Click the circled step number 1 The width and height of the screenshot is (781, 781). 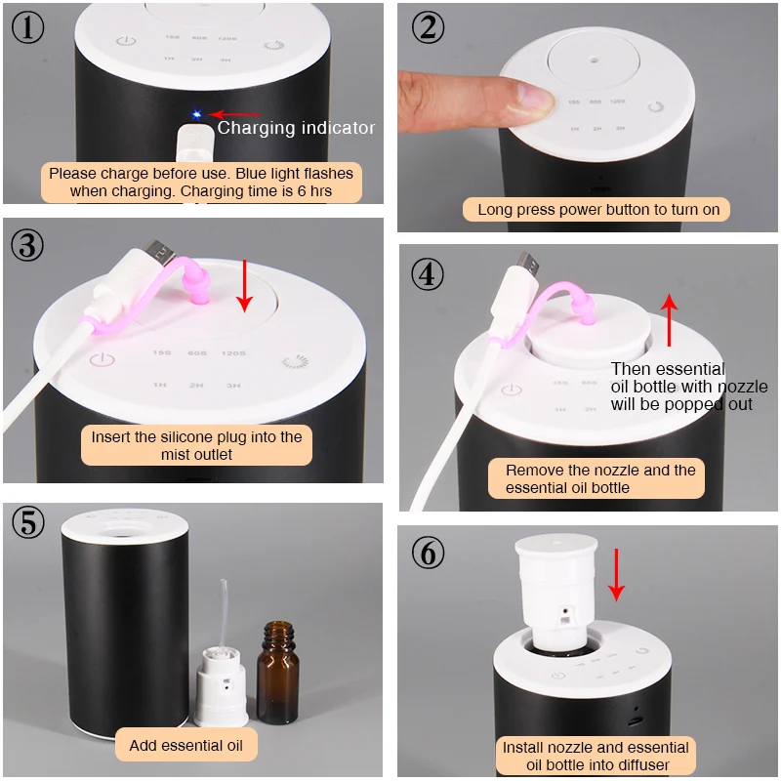(x=28, y=27)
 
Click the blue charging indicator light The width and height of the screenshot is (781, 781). (x=196, y=114)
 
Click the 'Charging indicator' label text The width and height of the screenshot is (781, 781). (x=296, y=128)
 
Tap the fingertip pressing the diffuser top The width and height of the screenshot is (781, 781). (x=528, y=98)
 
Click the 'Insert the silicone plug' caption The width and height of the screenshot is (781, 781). (x=197, y=445)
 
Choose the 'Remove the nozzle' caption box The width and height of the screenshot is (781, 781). (x=600, y=478)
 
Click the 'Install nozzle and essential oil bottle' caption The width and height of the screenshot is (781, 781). (x=596, y=756)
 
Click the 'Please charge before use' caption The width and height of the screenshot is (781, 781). (x=201, y=183)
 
